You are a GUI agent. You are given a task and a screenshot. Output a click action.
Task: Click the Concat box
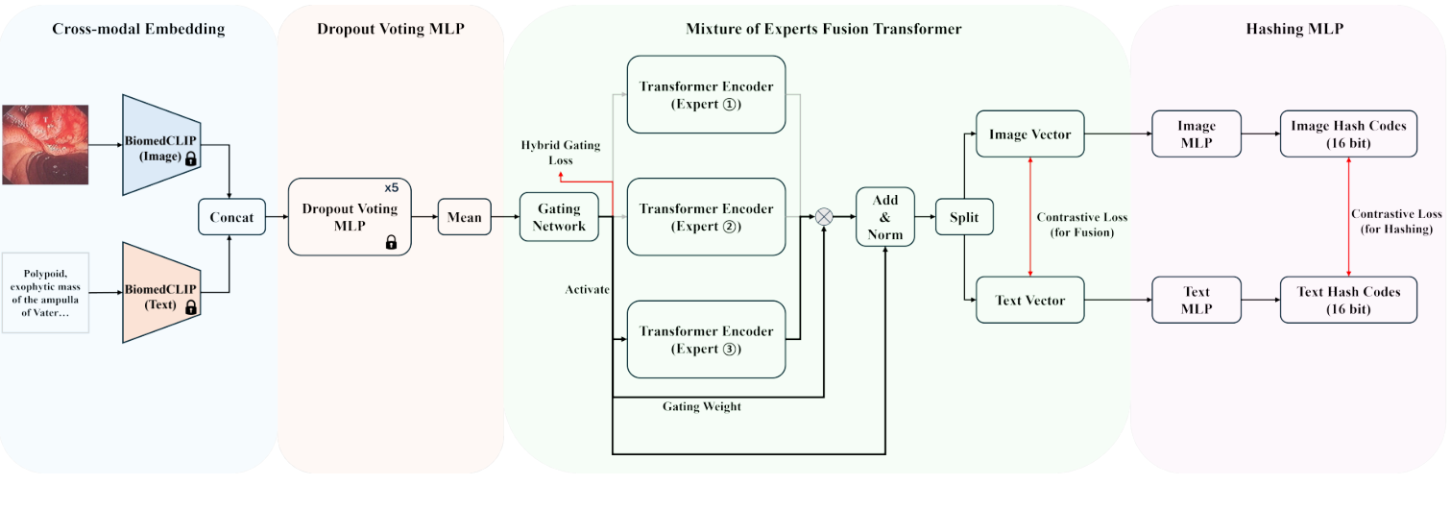pyautogui.click(x=231, y=217)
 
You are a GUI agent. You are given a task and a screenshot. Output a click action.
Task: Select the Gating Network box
pyautogui.click(x=558, y=217)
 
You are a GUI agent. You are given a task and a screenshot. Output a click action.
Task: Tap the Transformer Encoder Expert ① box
pyautogui.click(x=706, y=95)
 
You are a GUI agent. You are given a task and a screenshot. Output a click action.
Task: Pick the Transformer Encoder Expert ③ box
pyautogui.click(x=706, y=339)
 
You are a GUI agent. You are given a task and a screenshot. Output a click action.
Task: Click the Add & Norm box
pyautogui.click(x=884, y=217)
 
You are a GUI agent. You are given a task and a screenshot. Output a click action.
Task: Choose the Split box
pyautogui.click(x=964, y=217)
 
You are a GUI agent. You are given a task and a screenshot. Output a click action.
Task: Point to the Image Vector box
pyautogui.click(x=1029, y=134)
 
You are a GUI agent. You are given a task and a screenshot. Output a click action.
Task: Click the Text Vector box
pyautogui.click(x=1029, y=300)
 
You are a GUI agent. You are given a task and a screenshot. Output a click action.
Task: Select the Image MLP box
pyautogui.click(x=1197, y=134)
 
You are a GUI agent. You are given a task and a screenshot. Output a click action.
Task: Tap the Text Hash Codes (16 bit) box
pyautogui.click(x=1348, y=300)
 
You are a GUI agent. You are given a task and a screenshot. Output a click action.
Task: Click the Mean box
pyautogui.click(x=464, y=217)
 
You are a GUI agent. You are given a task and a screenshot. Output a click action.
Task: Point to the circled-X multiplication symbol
pyautogui.click(x=824, y=217)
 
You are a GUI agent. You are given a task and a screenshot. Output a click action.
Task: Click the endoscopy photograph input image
pyautogui.click(x=45, y=144)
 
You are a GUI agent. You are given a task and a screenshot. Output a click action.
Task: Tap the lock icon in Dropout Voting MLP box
pyautogui.click(x=391, y=243)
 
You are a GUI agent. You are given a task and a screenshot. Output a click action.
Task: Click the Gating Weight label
pyautogui.click(x=701, y=406)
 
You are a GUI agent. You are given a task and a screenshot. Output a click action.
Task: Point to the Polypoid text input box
pyautogui.click(x=46, y=292)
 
